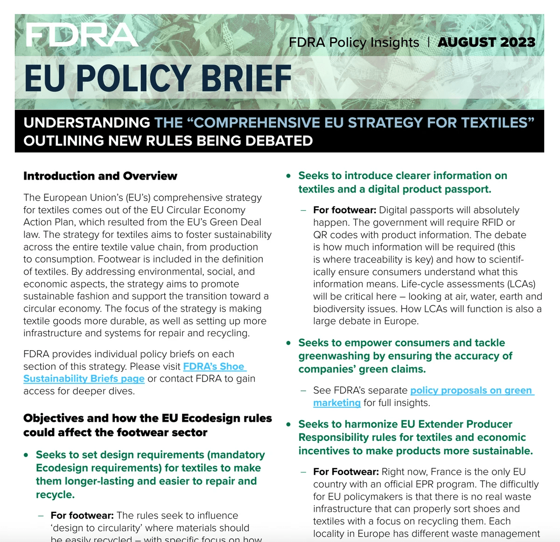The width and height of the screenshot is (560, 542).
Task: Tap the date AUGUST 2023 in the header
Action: tap(486, 42)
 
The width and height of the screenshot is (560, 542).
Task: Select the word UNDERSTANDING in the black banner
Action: tap(87, 123)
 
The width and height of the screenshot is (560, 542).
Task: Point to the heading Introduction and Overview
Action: tap(100, 176)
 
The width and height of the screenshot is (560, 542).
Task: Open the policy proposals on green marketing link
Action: tap(471, 390)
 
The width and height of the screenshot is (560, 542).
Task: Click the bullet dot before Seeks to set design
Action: tap(26, 455)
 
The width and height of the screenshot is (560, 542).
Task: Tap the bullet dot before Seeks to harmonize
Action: tap(289, 424)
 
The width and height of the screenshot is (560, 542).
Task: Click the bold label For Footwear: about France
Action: tap(346, 472)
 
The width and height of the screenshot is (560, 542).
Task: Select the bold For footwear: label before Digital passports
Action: tap(344, 210)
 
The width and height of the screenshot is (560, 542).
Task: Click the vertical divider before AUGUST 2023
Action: tap(428, 42)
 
